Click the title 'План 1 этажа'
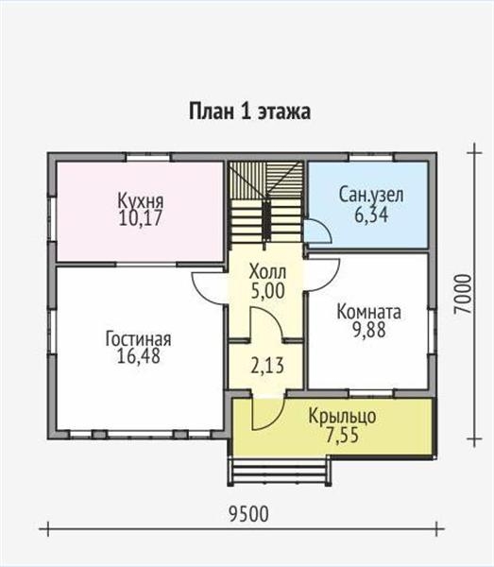[250, 112]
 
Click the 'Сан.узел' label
[371, 196]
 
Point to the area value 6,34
[371, 215]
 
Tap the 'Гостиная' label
[138, 339]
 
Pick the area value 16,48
[138, 357]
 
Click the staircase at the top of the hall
[265, 203]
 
